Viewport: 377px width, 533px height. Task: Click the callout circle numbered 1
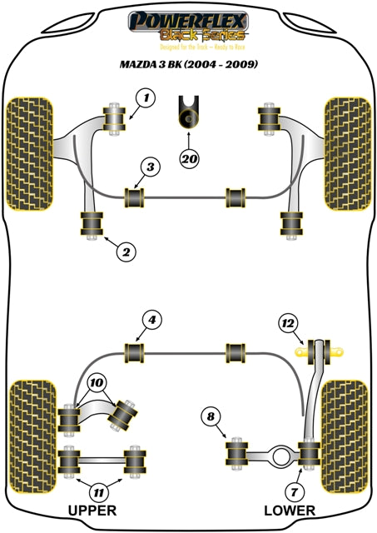146,99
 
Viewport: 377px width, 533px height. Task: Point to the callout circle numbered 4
151,319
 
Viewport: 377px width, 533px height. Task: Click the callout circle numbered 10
98,384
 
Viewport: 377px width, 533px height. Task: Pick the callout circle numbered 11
99,491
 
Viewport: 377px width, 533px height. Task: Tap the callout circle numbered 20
191,156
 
